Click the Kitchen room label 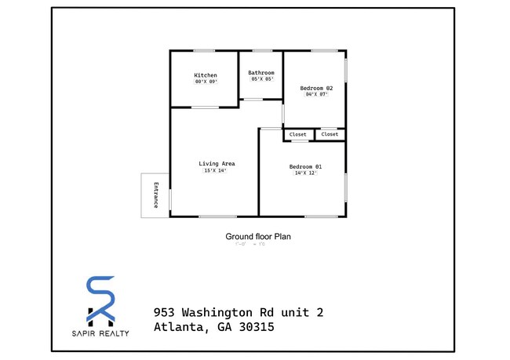[x=206, y=75]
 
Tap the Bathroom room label [x=261, y=73]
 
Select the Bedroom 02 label [x=317, y=88]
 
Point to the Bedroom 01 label [x=305, y=167]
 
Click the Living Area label [x=217, y=164]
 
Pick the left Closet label [x=298, y=134]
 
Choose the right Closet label [x=330, y=134]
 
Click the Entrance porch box [x=155, y=195]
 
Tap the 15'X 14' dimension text [x=215, y=171]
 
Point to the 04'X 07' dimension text [x=316, y=95]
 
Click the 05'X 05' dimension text [x=261, y=79]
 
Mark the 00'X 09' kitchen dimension [x=206, y=82]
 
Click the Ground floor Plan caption [x=258, y=236]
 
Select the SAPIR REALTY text [x=100, y=333]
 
